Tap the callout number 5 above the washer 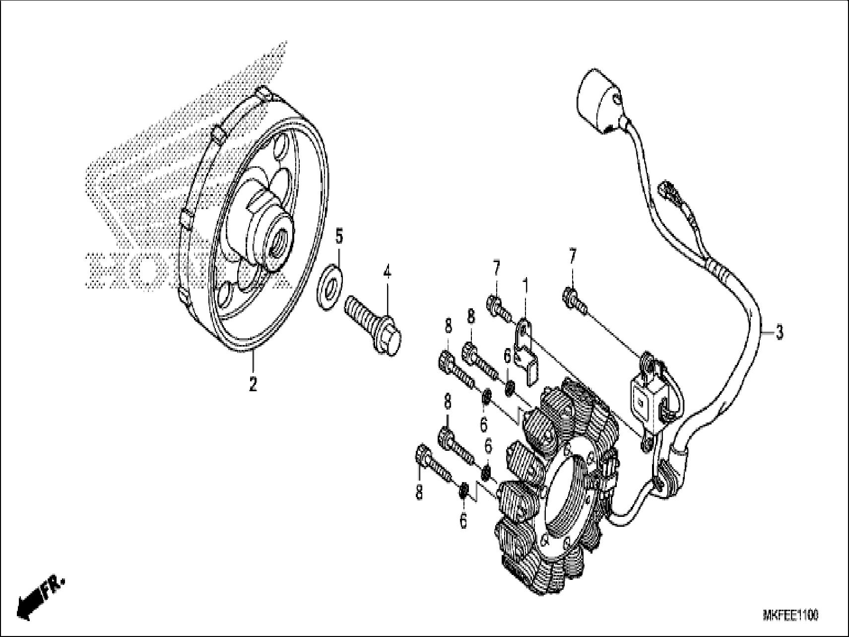[x=339, y=237]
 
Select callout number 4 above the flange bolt [x=387, y=272]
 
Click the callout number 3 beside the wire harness [x=779, y=332]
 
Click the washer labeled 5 [x=329, y=287]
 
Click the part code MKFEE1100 [x=790, y=616]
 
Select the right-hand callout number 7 [x=573, y=257]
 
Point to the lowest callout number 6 [x=463, y=522]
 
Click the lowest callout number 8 [x=419, y=493]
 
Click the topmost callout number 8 [x=470, y=316]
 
